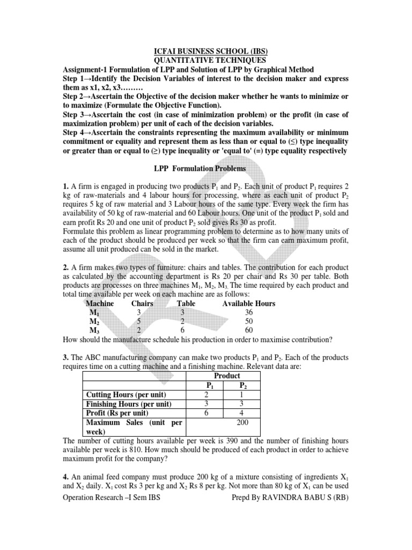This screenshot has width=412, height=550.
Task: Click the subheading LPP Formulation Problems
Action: (206, 168)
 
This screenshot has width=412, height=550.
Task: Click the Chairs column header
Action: (142, 303)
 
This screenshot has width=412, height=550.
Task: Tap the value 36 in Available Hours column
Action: (248, 312)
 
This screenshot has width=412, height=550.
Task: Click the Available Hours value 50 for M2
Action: (248, 321)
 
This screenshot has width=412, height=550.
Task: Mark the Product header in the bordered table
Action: (227, 375)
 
